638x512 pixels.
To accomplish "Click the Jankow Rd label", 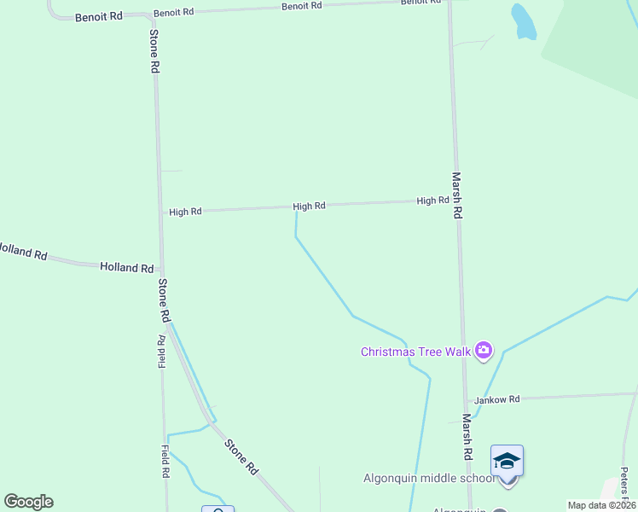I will [x=497, y=399].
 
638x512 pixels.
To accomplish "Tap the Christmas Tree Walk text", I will [x=415, y=352].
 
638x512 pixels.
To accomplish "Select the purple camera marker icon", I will [x=484, y=350].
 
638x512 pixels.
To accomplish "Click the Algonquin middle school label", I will [x=428, y=478].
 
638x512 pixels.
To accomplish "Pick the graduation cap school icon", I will [x=507, y=461].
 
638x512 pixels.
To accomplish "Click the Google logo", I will [x=28, y=502].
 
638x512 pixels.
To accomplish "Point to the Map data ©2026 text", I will [x=600, y=505].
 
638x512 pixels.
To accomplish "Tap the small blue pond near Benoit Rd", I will [x=523, y=22].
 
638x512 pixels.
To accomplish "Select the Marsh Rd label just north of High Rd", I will [x=457, y=195].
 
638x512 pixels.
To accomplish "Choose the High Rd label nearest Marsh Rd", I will [x=432, y=201].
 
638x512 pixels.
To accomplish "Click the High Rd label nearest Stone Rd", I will [x=185, y=212].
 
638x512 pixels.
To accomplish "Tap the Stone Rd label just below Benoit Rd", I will [x=154, y=51].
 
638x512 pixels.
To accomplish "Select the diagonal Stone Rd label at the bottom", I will [x=241, y=457].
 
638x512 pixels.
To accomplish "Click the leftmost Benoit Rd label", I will [x=99, y=17].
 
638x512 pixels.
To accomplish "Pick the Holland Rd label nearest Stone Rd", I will [x=126, y=267].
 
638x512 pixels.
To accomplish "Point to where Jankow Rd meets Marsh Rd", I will [x=466, y=400].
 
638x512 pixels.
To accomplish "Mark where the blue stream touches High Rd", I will [x=296, y=208].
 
